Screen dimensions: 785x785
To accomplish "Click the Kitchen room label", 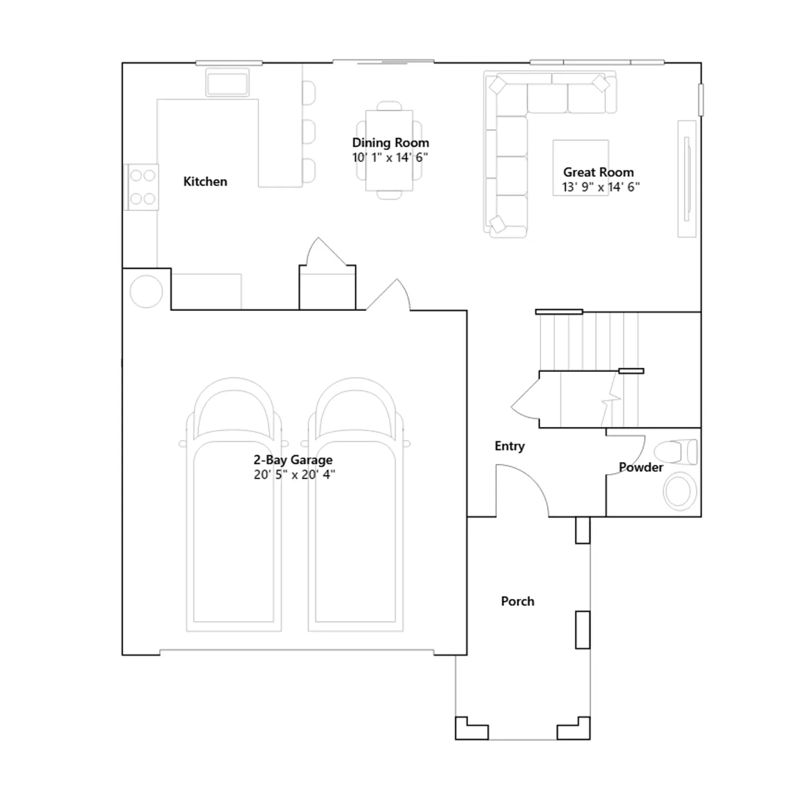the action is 205,182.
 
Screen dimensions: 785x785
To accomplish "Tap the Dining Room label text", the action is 391,143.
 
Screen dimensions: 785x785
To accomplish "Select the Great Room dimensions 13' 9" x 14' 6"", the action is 601,187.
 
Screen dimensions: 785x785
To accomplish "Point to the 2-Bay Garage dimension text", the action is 294,474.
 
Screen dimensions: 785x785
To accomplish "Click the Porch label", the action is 518,601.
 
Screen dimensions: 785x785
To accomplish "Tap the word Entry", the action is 510,446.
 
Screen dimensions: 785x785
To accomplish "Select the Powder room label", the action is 641,467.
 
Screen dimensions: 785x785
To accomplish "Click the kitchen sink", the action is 227,82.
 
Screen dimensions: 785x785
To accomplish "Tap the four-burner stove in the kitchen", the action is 142,187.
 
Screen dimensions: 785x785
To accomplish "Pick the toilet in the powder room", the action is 676,452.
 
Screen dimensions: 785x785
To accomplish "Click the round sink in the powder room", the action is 680,491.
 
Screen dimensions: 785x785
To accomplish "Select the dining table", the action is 389,151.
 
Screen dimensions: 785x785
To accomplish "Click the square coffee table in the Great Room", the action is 581,168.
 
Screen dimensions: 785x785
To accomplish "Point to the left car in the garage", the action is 234,504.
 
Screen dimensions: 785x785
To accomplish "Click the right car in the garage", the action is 356,504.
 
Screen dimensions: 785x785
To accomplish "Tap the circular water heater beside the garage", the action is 146,291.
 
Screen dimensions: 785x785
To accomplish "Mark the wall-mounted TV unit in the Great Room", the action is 687,179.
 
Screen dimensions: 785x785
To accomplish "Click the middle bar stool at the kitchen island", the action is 309,131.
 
